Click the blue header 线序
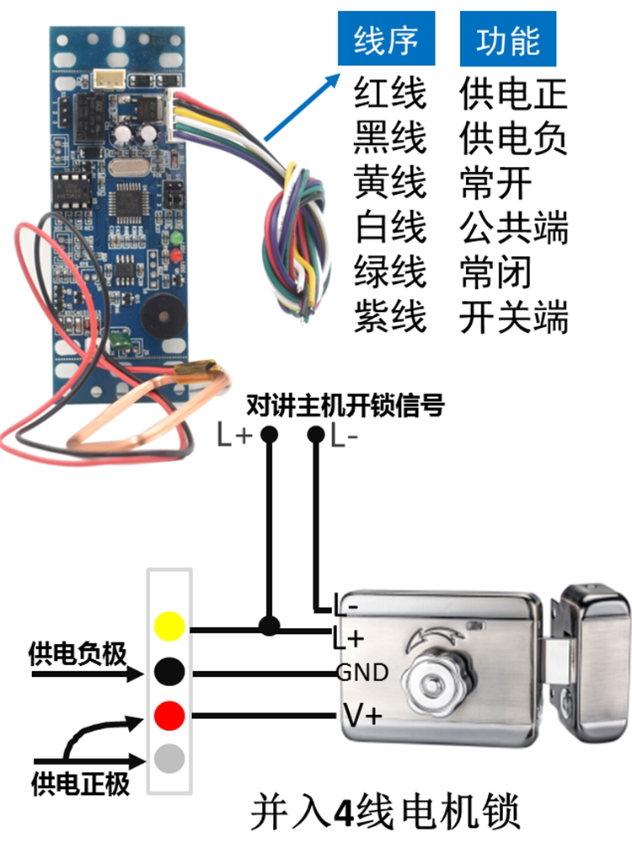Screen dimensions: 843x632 pyautogui.click(x=387, y=40)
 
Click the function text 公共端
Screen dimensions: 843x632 pyautogui.click(x=514, y=228)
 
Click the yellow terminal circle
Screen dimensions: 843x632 pyautogui.click(x=169, y=627)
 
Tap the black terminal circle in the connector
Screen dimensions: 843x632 pyautogui.click(x=169, y=672)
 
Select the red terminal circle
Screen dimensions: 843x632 pyautogui.click(x=169, y=717)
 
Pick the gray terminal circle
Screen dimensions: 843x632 pyautogui.click(x=169, y=761)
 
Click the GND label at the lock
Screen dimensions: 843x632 pyautogui.click(x=362, y=673)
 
